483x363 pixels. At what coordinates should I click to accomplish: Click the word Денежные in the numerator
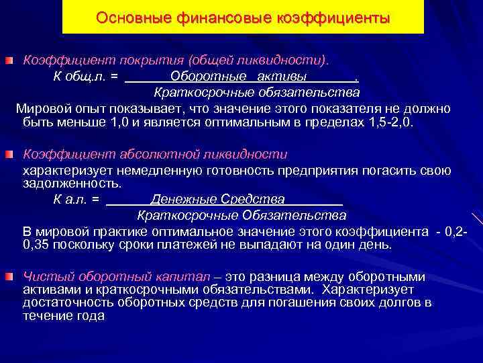[176, 200]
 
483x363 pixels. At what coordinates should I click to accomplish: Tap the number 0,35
[36, 245]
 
